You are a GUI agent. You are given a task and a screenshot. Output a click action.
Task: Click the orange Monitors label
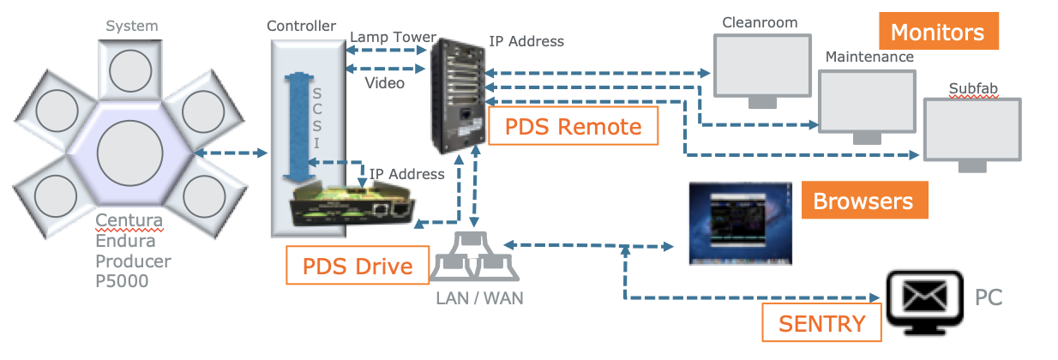pos(937,33)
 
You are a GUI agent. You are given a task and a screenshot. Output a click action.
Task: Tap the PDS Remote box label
pos(573,127)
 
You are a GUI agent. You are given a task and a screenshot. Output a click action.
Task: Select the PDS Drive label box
pos(358,267)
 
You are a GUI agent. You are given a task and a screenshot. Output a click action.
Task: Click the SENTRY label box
pos(821,324)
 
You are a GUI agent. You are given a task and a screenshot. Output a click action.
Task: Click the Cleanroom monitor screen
pos(761,65)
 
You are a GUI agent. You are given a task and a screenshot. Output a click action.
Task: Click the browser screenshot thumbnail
pos(741,223)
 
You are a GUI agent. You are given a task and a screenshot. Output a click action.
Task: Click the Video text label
pos(385,83)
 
